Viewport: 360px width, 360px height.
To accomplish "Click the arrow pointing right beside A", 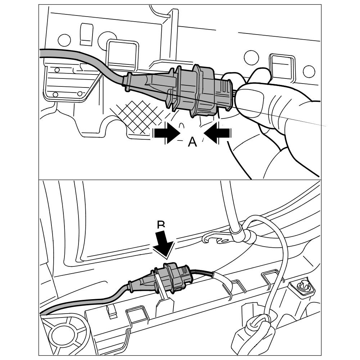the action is pos(166,133).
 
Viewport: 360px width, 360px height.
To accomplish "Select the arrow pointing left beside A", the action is pos(217,133).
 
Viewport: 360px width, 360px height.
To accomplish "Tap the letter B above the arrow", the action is pos(161,225).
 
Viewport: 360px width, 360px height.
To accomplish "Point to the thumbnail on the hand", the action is pos(252,99).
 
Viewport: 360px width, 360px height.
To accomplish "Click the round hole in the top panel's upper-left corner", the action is pos(64,40).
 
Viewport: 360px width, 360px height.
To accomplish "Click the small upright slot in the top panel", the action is pos(86,34).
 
